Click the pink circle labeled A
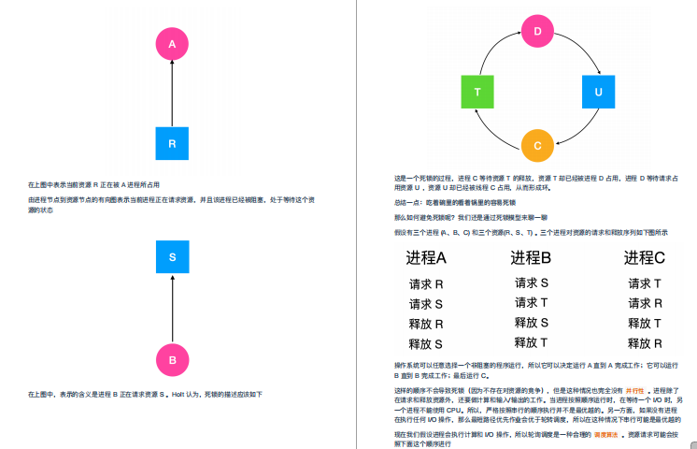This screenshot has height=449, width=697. [172, 43]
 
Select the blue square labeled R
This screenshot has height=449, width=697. [172, 144]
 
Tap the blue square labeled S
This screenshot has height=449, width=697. [172, 256]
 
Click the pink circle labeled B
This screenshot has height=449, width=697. [172, 359]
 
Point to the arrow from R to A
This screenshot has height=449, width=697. [172, 94]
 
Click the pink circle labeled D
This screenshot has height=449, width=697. [537, 32]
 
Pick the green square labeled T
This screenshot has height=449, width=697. [477, 92]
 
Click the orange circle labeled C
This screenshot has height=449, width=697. [537, 146]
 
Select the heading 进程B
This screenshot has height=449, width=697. [532, 258]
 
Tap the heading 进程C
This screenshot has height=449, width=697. [645, 258]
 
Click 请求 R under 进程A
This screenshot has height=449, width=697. [426, 283]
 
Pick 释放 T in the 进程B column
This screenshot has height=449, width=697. [532, 342]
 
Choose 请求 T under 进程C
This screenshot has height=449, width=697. [645, 283]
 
